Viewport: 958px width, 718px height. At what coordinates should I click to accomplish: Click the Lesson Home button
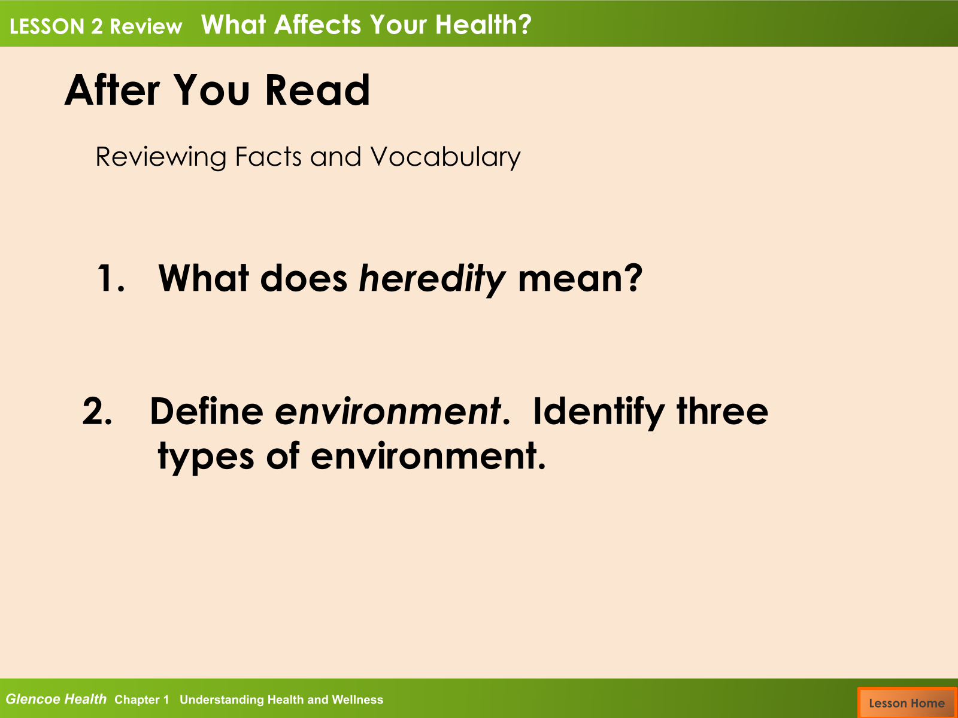(907, 702)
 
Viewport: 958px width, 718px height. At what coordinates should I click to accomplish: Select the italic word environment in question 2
(387, 411)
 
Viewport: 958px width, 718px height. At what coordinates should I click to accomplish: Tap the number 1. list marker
(111, 278)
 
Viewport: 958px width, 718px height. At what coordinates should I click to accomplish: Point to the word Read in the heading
(317, 90)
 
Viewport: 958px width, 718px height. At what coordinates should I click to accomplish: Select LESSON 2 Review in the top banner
(96, 26)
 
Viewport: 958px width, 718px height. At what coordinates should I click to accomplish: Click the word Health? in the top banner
(484, 25)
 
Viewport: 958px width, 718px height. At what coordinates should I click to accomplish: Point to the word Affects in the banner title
(318, 25)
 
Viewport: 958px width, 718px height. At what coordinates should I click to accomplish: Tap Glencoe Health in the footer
(56, 699)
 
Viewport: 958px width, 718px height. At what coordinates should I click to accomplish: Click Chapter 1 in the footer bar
(141, 699)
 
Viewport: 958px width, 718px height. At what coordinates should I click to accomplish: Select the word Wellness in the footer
(357, 699)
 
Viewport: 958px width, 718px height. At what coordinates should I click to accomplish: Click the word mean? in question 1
(580, 278)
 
